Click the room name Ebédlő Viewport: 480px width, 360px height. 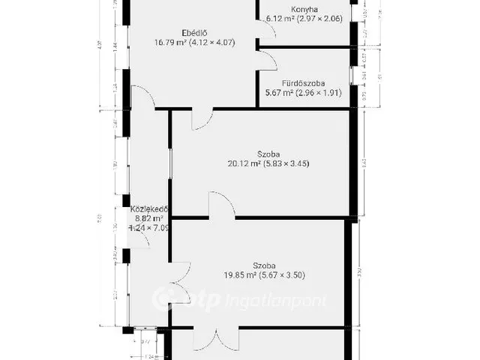(x=193, y=32)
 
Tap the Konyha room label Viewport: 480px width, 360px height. (x=304, y=10)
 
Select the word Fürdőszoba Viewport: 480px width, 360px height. (x=304, y=83)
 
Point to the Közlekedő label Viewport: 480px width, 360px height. (x=148, y=209)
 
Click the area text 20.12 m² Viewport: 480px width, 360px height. (x=244, y=163)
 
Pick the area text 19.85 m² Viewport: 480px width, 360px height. (x=234, y=275)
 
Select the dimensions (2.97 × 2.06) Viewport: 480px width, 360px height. (x=325, y=19)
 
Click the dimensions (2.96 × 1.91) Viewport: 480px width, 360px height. (x=325, y=94)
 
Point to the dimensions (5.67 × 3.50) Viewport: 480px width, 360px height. (x=283, y=275)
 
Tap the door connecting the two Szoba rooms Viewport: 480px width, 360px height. (x=222, y=207)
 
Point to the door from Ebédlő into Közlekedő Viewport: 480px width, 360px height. (x=144, y=97)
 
